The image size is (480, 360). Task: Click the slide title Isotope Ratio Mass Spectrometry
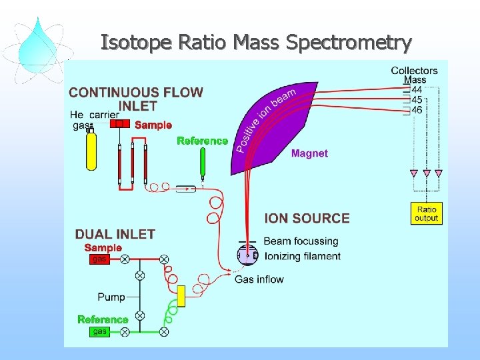pyautogui.click(x=256, y=43)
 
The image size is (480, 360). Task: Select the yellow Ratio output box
pyautogui.click(x=426, y=213)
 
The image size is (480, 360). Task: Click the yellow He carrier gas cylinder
pyautogui.click(x=91, y=152)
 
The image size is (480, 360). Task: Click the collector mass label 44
pyautogui.click(x=417, y=89)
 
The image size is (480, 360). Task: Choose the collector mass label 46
pyautogui.click(x=417, y=109)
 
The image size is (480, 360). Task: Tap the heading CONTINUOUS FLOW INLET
pyautogui.click(x=137, y=99)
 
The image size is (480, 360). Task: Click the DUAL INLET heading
pyautogui.click(x=115, y=234)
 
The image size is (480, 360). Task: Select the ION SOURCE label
pyautogui.click(x=307, y=218)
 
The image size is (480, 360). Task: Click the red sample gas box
pyautogui.click(x=99, y=259)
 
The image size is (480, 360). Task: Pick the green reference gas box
pyautogui.click(x=99, y=331)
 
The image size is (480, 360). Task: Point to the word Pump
pyautogui.click(x=111, y=297)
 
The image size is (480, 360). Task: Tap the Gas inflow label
pyautogui.click(x=259, y=279)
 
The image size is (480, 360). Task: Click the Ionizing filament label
pyautogui.click(x=302, y=256)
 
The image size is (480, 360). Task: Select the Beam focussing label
pyautogui.click(x=301, y=241)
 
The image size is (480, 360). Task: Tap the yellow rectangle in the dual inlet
pyautogui.click(x=181, y=296)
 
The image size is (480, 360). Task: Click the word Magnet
pyautogui.click(x=309, y=153)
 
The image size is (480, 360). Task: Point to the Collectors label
pyautogui.click(x=414, y=71)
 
